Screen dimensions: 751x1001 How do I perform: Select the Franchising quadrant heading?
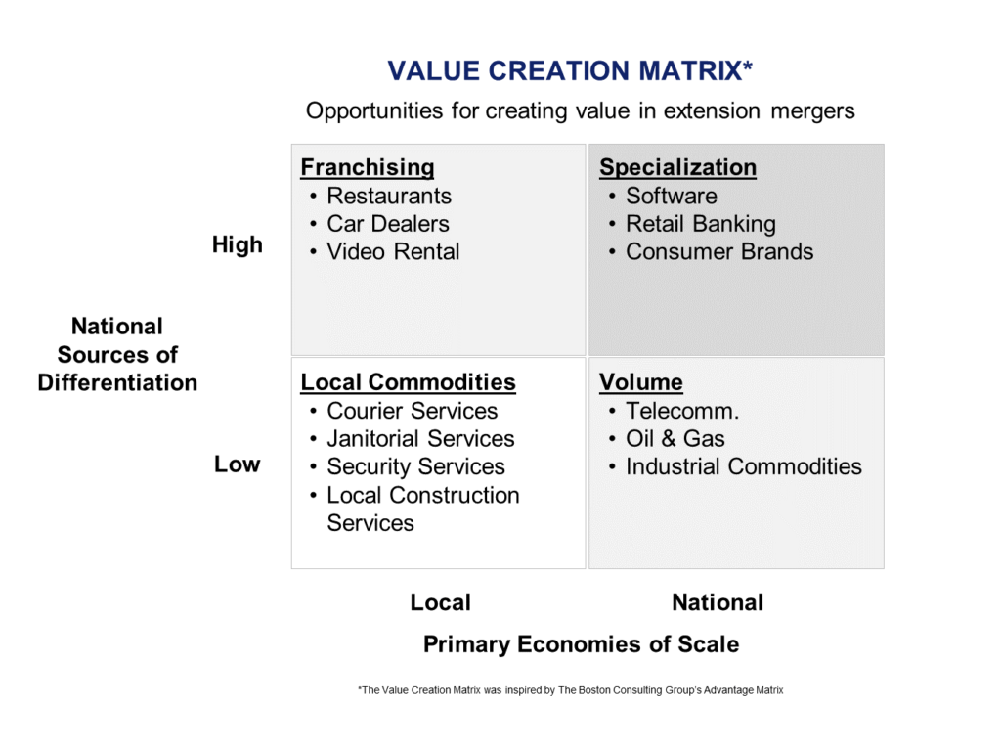pyautogui.click(x=368, y=167)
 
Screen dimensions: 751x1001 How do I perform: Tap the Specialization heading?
pyautogui.click(x=677, y=167)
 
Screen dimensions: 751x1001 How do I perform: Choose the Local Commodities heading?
pyautogui.click(x=408, y=382)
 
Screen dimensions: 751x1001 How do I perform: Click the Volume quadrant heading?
pyautogui.click(x=641, y=382)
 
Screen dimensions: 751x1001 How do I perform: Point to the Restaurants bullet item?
pyautogui.click(x=389, y=196)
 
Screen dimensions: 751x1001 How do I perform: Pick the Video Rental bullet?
pyautogui.click(x=393, y=251)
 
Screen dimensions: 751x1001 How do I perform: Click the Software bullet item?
pyautogui.click(x=671, y=196)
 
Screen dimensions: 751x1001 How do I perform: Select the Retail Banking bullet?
pyautogui.click(x=700, y=224)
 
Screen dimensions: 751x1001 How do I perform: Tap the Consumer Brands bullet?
pyautogui.click(x=718, y=251)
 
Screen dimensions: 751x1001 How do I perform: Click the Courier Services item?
pyautogui.click(x=412, y=411)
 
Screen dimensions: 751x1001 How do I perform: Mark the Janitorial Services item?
pyautogui.click(x=420, y=439)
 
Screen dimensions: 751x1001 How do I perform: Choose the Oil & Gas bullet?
pyautogui.click(x=675, y=439)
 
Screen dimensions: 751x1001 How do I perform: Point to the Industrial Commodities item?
pyautogui.click(x=743, y=466)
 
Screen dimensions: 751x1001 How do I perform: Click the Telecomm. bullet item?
pyautogui.click(x=681, y=411)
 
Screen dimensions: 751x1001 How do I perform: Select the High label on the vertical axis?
pyautogui.click(x=238, y=245)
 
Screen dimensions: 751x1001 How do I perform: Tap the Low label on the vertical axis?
pyautogui.click(x=238, y=464)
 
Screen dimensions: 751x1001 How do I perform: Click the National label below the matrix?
pyautogui.click(x=718, y=602)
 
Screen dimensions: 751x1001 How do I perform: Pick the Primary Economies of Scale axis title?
pyautogui.click(x=581, y=644)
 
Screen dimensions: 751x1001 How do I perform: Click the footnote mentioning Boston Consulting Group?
pyautogui.click(x=571, y=690)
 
